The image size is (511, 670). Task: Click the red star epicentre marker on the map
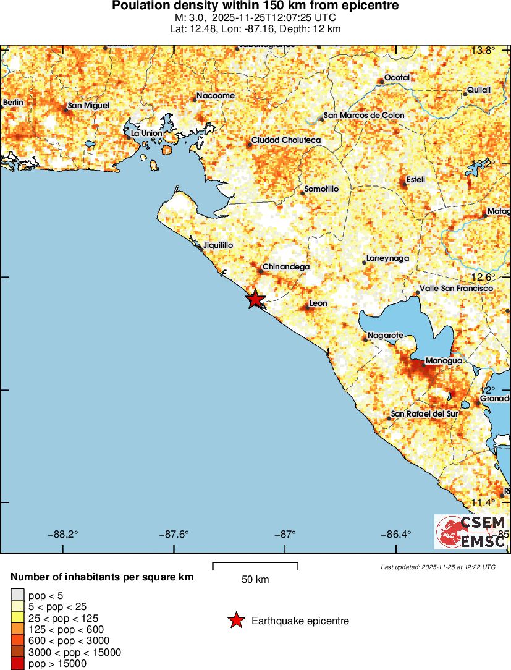(x=255, y=299)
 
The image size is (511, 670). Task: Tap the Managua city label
(x=444, y=360)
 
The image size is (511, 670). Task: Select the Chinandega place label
(x=285, y=267)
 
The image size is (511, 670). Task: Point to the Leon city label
(x=318, y=303)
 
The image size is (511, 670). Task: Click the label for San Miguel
(x=88, y=106)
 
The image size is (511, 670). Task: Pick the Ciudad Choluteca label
(x=286, y=140)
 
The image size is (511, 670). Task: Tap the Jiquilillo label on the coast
(x=217, y=245)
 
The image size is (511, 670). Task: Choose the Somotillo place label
(x=322, y=189)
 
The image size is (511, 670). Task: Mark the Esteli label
(x=415, y=180)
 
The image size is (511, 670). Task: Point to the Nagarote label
(x=385, y=336)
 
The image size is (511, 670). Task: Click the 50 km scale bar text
(x=255, y=580)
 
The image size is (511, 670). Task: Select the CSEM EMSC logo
(x=470, y=532)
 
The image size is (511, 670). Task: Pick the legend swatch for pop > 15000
(x=17, y=664)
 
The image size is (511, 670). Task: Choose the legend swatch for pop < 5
(x=17, y=595)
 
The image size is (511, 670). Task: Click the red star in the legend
(x=235, y=621)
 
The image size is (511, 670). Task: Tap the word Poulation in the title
(x=138, y=6)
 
